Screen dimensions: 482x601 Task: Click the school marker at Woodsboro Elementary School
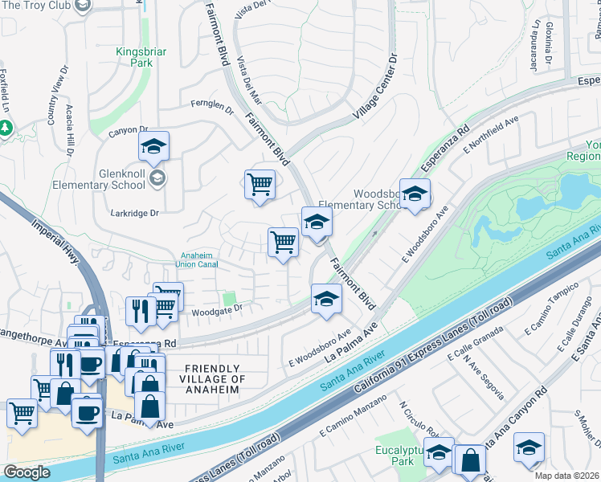415,195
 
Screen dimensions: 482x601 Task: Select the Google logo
27,472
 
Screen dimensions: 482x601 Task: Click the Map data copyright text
567,476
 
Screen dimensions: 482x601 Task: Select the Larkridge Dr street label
138,213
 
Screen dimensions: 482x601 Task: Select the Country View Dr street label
55,105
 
